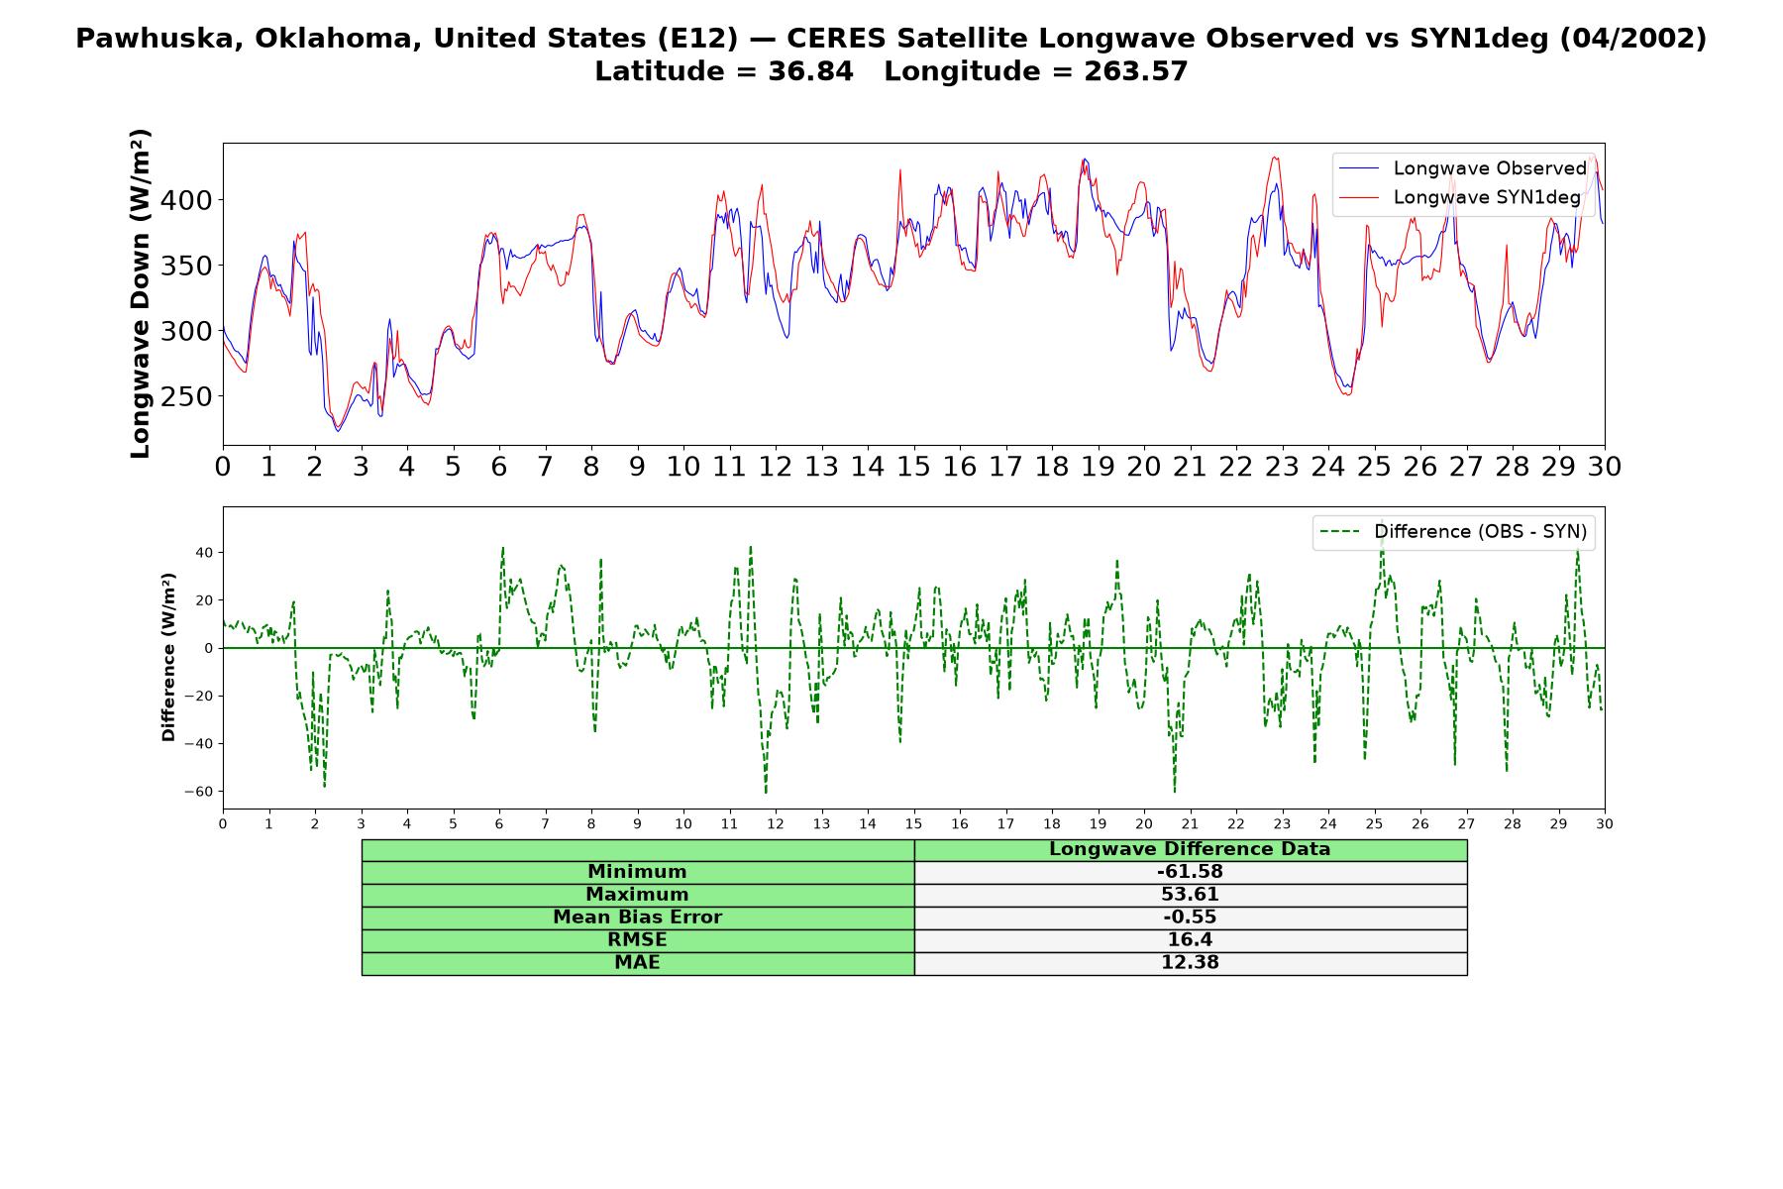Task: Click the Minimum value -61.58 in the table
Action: pos(1190,872)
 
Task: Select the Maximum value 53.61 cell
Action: pos(1190,895)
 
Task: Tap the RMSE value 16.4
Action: pos(1190,939)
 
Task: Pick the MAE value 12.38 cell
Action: pos(1190,963)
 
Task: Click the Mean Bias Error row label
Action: pos(637,918)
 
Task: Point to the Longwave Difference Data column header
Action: pos(1190,849)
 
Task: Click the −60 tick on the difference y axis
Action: pos(199,792)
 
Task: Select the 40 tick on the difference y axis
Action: pos(204,553)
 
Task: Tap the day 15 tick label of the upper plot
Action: pos(913,467)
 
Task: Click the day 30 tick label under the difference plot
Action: pos(1605,824)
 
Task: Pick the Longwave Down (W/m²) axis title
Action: pos(140,293)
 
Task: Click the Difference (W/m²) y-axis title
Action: pos(168,657)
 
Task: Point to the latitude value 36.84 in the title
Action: pos(810,71)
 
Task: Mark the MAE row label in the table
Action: pos(637,963)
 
